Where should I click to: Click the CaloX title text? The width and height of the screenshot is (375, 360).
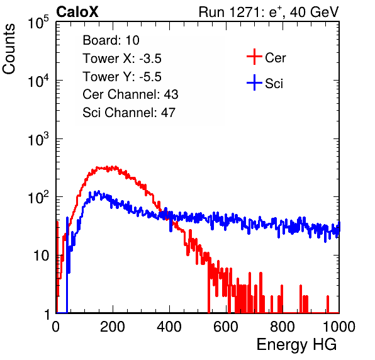(77, 12)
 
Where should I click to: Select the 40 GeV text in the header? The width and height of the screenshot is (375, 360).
(314, 12)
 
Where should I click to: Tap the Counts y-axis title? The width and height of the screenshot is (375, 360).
(9, 48)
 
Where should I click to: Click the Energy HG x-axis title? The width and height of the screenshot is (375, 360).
(296, 345)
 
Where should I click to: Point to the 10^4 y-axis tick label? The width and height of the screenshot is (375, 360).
(38, 81)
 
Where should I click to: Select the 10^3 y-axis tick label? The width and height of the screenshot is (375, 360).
(38, 139)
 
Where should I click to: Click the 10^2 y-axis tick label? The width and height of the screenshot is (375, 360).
(38, 198)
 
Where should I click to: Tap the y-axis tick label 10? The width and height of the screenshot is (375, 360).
(41, 256)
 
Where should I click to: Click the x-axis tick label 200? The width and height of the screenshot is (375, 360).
(113, 327)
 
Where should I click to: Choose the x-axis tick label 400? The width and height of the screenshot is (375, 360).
(169, 327)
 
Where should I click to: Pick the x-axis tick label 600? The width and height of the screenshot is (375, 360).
(226, 327)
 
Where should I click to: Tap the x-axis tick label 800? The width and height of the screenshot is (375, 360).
(283, 327)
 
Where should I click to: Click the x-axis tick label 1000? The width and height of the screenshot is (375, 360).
(339, 327)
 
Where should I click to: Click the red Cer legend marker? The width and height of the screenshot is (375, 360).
(254, 57)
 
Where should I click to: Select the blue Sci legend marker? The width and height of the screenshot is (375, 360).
(254, 83)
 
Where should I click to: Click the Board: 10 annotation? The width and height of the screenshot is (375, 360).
(111, 40)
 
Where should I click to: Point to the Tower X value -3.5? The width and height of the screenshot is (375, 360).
(150, 59)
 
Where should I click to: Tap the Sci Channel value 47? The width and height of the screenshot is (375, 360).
(168, 113)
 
